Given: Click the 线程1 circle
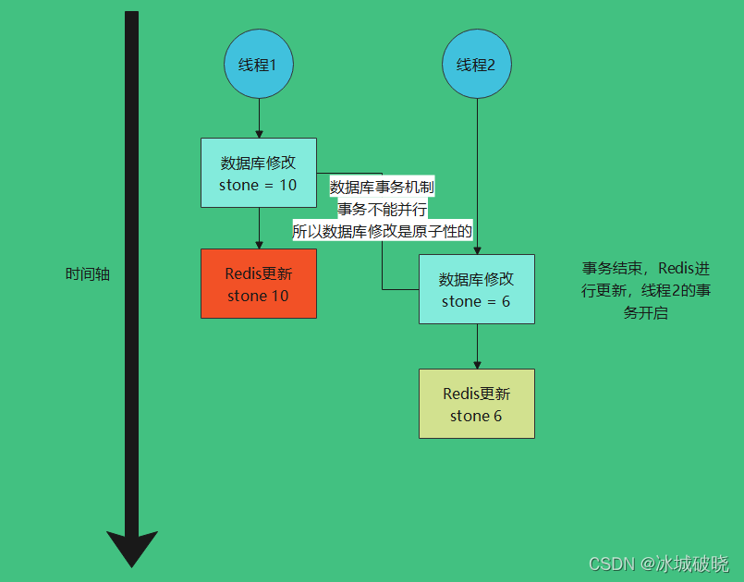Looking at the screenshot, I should click(x=258, y=65).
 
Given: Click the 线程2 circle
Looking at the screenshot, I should click(x=477, y=65).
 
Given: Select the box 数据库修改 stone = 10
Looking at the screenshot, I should click(x=259, y=173).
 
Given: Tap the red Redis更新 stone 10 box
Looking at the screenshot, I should click(x=259, y=284).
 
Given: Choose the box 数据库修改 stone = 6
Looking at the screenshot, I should click(x=476, y=289).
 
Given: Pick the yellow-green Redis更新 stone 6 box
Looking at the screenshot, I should click(x=476, y=404).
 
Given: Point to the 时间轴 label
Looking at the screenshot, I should click(x=87, y=274).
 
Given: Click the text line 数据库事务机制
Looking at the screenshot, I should click(x=382, y=187).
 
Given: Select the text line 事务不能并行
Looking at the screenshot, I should click(x=382, y=210).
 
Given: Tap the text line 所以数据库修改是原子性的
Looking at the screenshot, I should click(x=382, y=232).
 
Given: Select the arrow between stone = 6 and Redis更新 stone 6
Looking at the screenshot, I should click(x=477, y=346).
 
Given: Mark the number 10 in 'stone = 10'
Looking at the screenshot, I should click(x=287, y=185).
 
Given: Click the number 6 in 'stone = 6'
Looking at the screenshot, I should click(x=506, y=301).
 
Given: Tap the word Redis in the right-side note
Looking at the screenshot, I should click(x=676, y=269).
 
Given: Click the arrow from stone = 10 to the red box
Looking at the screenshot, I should click(x=259, y=227).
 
